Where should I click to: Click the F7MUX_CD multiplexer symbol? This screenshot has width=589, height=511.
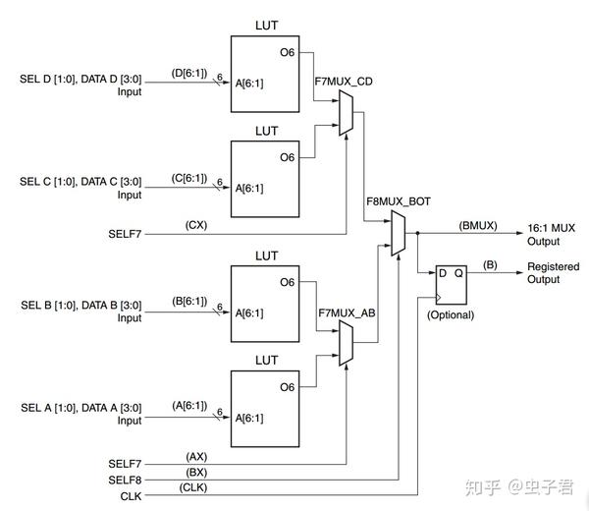(345, 110)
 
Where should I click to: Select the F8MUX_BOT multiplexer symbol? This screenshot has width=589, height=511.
(397, 234)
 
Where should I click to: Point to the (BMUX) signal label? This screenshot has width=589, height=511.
(479, 225)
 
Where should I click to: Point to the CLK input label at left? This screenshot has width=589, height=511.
(130, 495)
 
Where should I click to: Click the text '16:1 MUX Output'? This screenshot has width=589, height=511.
(551, 234)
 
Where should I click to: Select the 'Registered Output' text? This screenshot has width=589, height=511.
(553, 273)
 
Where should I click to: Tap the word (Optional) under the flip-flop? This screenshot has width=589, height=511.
(450, 315)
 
